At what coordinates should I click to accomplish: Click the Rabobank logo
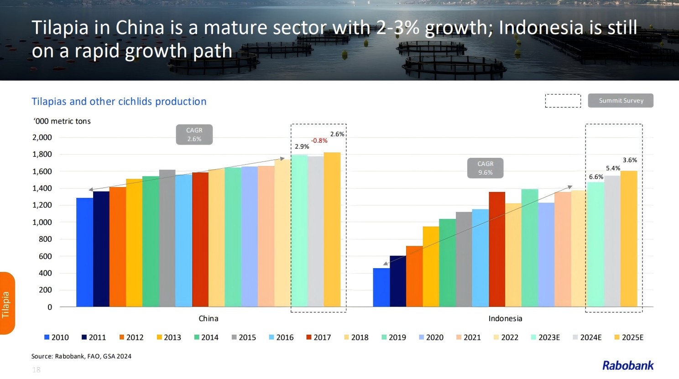[x=628, y=365]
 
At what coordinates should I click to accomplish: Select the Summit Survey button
[x=621, y=100]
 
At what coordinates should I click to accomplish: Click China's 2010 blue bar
[x=84, y=252]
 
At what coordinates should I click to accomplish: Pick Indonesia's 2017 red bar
[x=497, y=249]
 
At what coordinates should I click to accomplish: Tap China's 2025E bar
[x=332, y=229]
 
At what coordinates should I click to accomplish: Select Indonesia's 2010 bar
[x=381, y=287]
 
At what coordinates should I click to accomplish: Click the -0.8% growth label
[x=319, y=140]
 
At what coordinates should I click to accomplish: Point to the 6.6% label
[x=596, y=177]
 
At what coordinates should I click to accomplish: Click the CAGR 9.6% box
[x=485, y=168]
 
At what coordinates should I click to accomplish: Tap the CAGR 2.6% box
[x=194, y=135]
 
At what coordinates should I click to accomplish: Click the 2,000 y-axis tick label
[x=42, y=137]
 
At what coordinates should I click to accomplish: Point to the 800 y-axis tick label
[x=46, y=239]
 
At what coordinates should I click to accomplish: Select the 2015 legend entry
[x=244, y=337]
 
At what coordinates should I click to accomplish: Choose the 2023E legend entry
[x=545, y=337]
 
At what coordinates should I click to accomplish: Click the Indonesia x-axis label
[x=505, y=318]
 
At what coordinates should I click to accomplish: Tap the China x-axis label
[x=208, y=318]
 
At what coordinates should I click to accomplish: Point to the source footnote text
[x=81, y=356]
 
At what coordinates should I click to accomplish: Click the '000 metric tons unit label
[x=62, y=121]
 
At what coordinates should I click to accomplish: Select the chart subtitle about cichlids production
[x=119, y=101]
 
